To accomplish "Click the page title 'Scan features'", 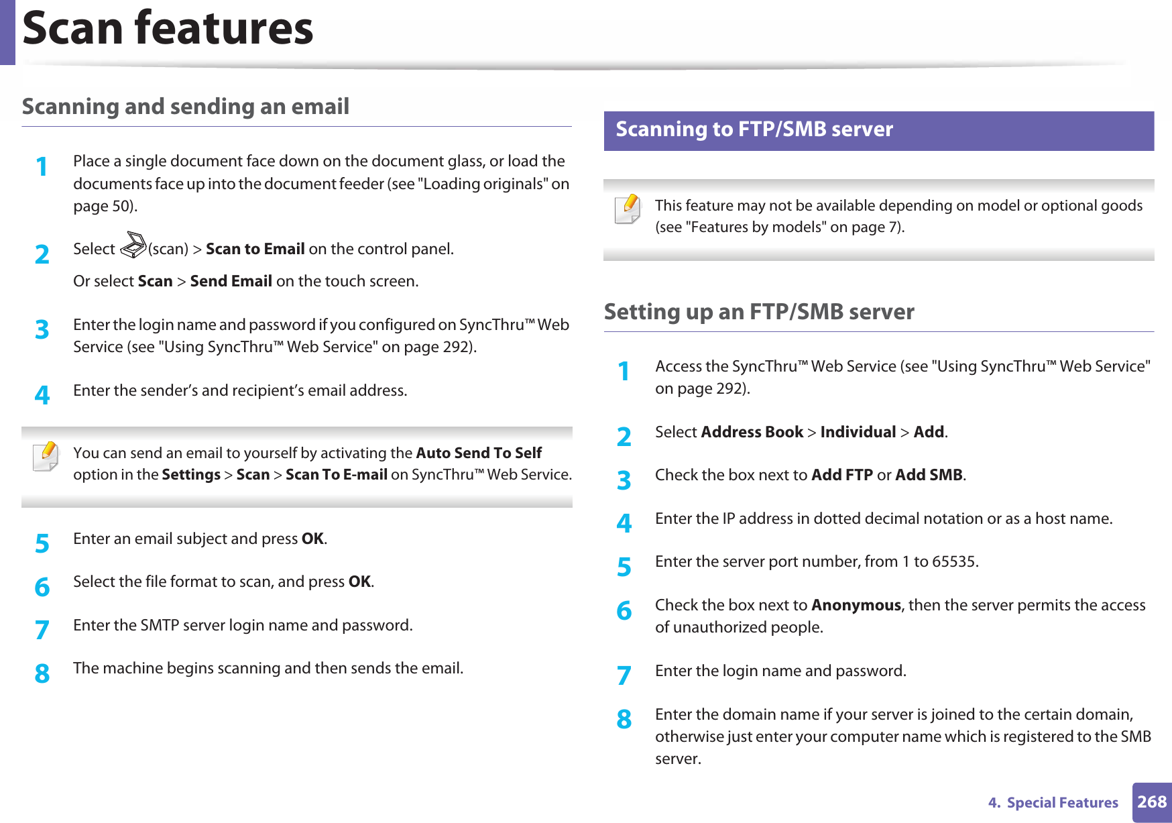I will pyautogui.click(x=168, y=28).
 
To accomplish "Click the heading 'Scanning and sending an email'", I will pyautogui.click(x=186, y=107).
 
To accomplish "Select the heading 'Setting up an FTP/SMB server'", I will pyautogui.click(x=759, y=312).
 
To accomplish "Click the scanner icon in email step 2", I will pyautogui.click(x=133, y=245).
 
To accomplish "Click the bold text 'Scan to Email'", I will pyautogui.click(x=255, y=250).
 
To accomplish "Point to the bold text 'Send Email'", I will pyautogui.click(x=231, y=282).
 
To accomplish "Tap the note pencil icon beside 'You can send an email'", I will pyautogui.click(x=46, y=457).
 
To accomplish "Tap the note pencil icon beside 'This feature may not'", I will pyautogui.click(x=628, y=209).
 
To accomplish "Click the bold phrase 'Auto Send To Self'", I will pyautogui.click(x=479, y=453).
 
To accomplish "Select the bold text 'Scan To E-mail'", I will pyautogui.click(x=337, y=475).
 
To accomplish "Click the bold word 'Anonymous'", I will pyautogui.click(x=856, y=606).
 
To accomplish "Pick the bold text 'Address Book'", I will pyautogui.click(x=752, y=433).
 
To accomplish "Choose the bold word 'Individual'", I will pyautogui.click(x=858, y=433).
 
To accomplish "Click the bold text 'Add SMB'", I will pyautogui.click(x=929, y=476).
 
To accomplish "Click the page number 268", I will pyautogui.click(x=1152, y=802).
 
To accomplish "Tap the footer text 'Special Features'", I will pyautogui.click(x=1062, y=803).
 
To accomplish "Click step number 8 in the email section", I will pyautogui.click(x=42, y=673).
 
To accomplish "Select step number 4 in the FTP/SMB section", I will pyautogui.click(x=624, y=523).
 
